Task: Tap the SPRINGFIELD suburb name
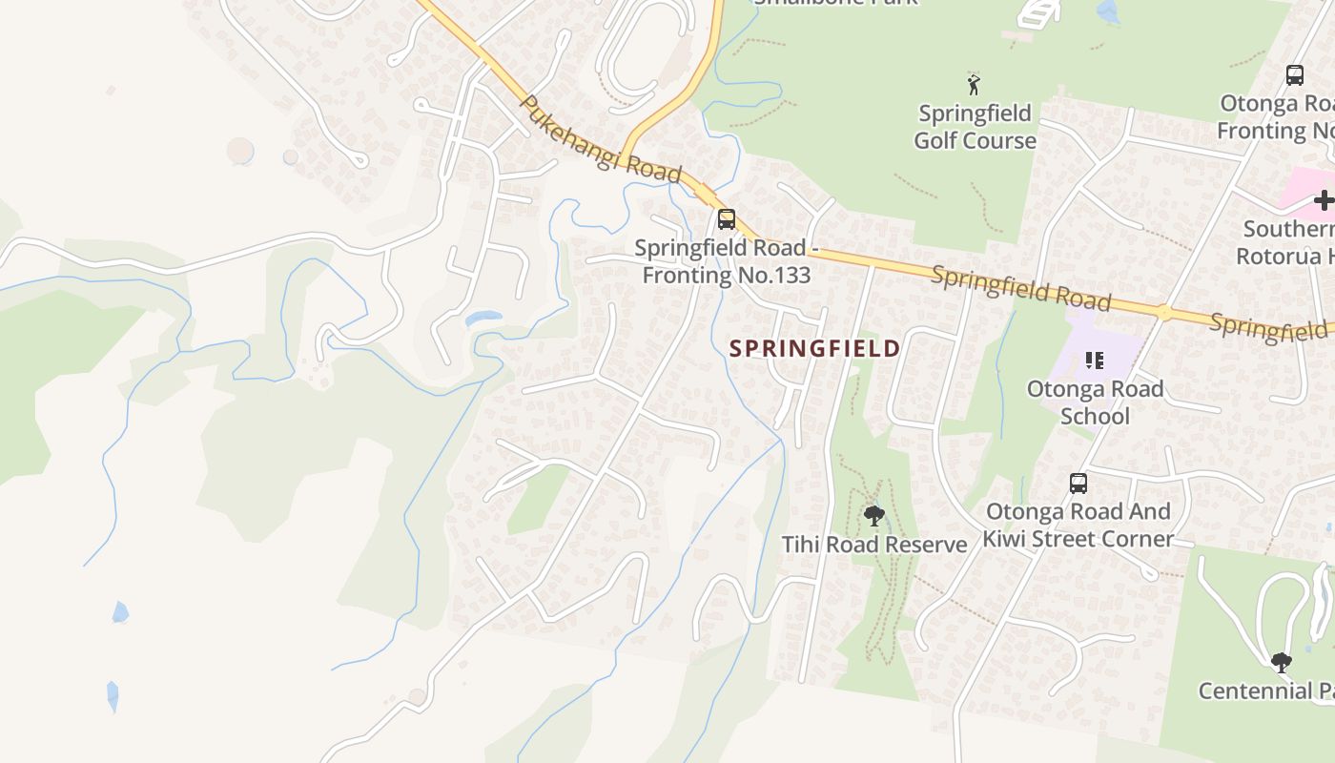click(814, 348)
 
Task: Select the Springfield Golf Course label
click(975, 127)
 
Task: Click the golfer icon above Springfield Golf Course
click(974, 84)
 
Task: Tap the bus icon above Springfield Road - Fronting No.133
click(727, 219)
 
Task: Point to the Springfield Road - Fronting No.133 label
click(726, 261)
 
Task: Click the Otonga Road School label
click(1095, 402)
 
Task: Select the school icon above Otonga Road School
click(1095, 361)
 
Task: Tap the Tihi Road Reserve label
click(874, 545)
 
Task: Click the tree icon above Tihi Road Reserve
click(873, 516)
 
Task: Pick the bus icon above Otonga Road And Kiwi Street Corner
click(1078, 483)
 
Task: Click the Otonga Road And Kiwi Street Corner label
click(1078, 525)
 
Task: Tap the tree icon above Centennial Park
click(1282, 661)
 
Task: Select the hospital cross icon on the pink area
click(1324, 200)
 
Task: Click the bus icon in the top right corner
click(1294, 74)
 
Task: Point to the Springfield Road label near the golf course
click(1021, 288)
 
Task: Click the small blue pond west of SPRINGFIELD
click(483, 318)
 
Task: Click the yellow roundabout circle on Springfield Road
click(1163, 312)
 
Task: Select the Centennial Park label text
click(1265, 691)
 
